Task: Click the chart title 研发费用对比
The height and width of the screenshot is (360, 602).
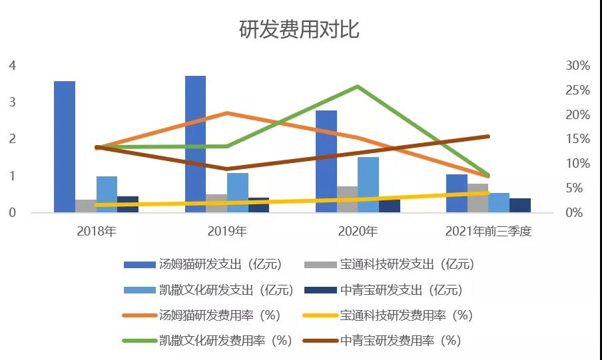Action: point(300,30)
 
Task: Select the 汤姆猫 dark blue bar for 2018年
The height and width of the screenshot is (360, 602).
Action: point(65,146)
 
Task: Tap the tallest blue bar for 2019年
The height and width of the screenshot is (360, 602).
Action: point(195,144)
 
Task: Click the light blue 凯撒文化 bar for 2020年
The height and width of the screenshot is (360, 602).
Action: point(368,184)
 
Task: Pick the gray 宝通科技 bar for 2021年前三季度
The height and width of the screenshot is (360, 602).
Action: point(477,198)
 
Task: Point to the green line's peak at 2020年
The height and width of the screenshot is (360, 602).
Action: point(358,87)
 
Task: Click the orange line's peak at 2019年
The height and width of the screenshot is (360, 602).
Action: point(227,113)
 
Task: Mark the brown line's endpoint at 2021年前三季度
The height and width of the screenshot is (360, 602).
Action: point(488,136)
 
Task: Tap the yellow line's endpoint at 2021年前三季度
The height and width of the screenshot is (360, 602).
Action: point(488,193)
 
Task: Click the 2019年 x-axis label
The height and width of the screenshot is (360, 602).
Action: point(227,232)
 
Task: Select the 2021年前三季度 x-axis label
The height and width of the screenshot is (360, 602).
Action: point(488,232)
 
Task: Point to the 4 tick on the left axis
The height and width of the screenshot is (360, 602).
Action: point(12,65)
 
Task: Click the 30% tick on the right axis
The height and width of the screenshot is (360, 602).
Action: point(577,65)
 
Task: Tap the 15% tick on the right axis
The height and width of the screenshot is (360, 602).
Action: point(577,139)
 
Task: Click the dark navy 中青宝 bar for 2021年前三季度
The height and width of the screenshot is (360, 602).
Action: point(520,206)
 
